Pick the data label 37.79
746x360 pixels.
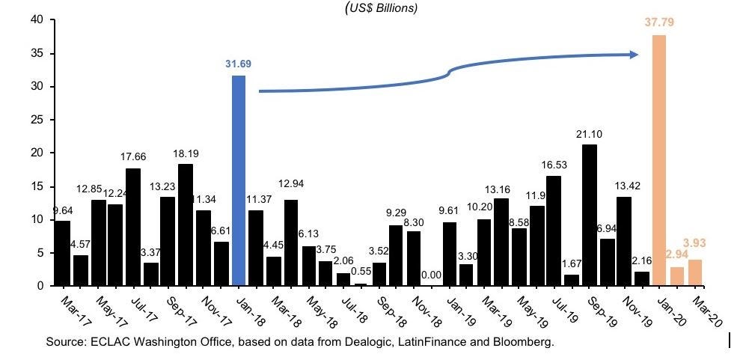(x=659, y=22)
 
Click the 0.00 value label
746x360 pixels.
(x=430, y=275)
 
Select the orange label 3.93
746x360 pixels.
(x=696, y=243)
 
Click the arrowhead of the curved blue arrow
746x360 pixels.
(x=634, y=54)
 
